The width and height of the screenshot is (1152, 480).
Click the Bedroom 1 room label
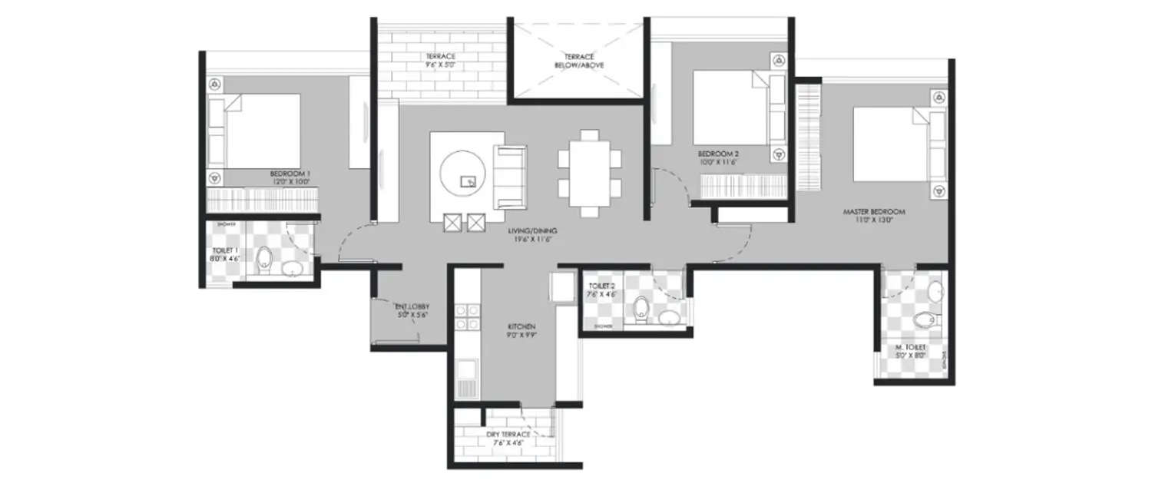coord(290,174)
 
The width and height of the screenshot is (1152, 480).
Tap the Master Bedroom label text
coord(874,211)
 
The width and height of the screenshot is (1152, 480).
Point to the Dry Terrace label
coord(505,434)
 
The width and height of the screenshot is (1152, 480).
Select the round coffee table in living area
coord(463,174)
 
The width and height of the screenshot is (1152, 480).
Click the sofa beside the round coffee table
coord(508,177)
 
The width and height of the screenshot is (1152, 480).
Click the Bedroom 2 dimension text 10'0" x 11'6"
coord(717,162)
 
